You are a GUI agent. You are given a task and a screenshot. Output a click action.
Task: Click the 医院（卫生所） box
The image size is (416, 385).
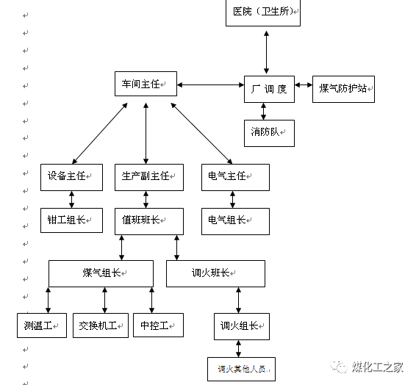click(262, 12)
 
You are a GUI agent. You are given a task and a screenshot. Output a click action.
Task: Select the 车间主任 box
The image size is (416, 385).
click(146, 86)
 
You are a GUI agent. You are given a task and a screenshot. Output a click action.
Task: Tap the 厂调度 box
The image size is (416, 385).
click(269, 89)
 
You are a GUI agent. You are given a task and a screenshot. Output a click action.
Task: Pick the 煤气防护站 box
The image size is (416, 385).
click(344, 89)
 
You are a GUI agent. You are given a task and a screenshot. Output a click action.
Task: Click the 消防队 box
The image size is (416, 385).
click(269, 132)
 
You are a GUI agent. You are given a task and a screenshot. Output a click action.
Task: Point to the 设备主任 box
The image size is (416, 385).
click(71, 176)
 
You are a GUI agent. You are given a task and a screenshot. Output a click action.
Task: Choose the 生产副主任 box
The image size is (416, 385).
click(148, 176)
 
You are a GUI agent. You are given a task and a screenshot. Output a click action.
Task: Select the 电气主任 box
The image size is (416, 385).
click(235, 176)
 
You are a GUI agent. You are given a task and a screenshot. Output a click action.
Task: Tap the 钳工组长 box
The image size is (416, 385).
click(71, 220)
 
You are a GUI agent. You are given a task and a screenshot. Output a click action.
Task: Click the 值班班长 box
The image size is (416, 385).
click(148, 220)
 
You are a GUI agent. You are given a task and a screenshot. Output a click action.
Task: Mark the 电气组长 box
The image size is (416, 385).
click(235, 220)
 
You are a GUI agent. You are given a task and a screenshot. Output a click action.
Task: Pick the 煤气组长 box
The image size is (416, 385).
click(101, 273)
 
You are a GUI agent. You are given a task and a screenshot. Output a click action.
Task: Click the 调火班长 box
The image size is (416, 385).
click(215, 273)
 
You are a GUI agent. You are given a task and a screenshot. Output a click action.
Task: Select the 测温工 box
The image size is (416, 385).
click(41, 325)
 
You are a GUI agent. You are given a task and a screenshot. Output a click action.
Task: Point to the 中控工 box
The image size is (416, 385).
click(157, 325)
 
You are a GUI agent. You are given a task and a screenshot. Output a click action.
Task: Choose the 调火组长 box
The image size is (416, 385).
click(241, 325)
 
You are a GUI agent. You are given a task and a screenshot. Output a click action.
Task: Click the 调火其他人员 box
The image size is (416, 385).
click(241, 369)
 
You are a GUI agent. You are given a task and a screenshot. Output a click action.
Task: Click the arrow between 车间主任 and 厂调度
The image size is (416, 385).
click(210, 85)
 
